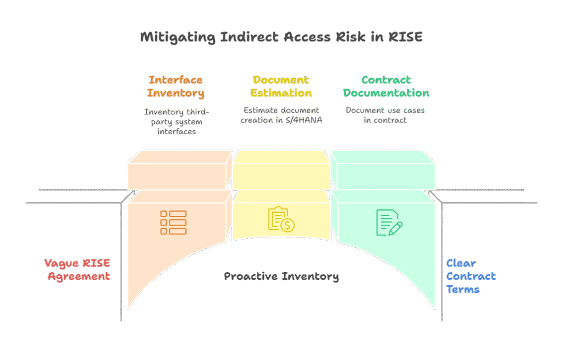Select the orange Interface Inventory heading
pos(175,86)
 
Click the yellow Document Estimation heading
pos(281,86)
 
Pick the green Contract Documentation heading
pos(387,86)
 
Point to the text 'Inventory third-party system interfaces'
pos(176,121)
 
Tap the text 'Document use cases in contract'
pos(385,115)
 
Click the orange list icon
pos(173,222)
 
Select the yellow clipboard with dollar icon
pos(281,220)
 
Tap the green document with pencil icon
pos(389,222)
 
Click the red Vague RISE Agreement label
pos(78,269)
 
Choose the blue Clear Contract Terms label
pos(471,276)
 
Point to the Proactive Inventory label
pos(281,276)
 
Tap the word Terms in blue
pos(463,289)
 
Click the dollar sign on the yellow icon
pos(287,225)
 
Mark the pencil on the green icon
pos(395,227)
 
